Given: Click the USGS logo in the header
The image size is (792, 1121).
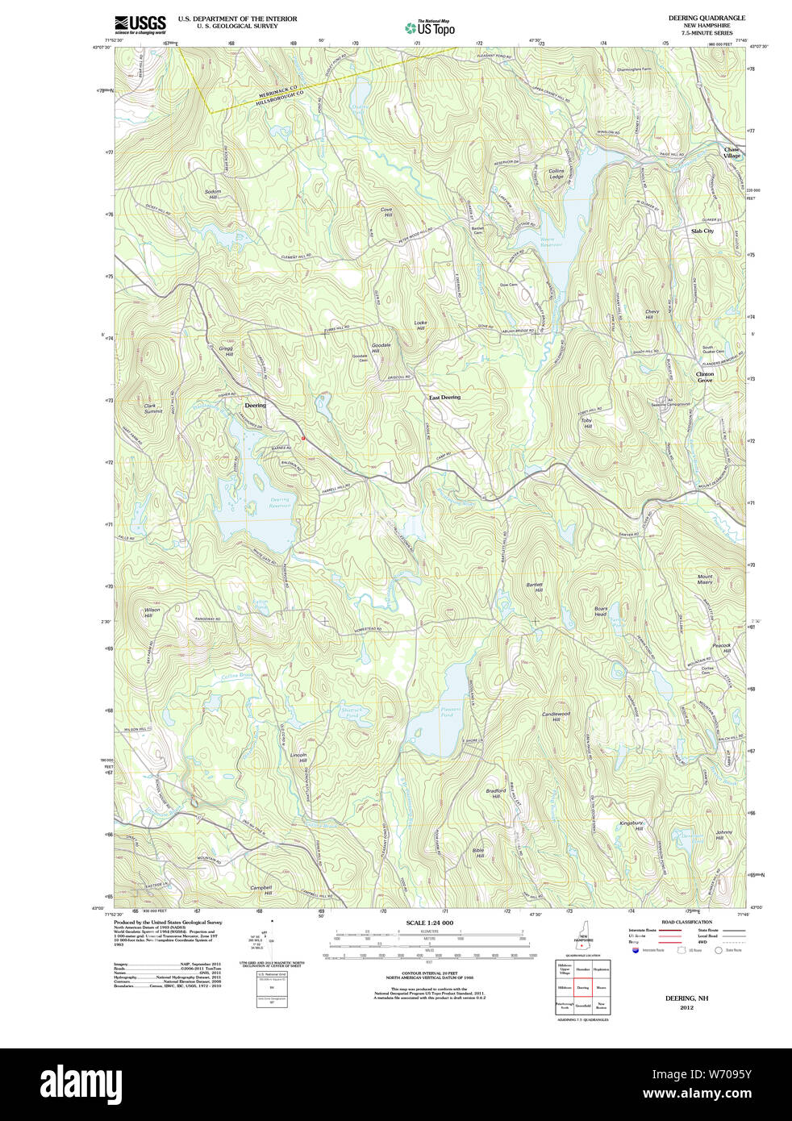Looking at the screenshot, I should [x=140, y=23].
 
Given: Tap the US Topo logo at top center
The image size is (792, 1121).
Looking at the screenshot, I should [x=430, y=28].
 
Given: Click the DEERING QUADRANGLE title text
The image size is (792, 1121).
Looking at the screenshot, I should [x=707, y=18].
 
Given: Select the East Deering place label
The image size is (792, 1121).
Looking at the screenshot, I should [x=444, y=398].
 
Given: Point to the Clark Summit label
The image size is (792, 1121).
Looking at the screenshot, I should [x=152, y=409].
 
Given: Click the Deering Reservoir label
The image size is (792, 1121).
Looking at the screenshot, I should [x=279, y=503].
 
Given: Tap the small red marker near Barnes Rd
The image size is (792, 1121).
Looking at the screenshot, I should [x=303, y=438].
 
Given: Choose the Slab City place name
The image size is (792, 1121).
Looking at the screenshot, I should [x=702, y=231].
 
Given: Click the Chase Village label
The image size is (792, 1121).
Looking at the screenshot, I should [x=731, y=152].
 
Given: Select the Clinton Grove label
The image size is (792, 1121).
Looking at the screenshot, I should [x=705, y=377].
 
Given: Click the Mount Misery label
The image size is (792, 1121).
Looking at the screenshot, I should [x=705, y=579].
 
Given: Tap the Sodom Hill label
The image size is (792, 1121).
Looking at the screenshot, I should [x=213, y=194].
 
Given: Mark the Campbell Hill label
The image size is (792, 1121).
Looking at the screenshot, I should [x=261, y=890].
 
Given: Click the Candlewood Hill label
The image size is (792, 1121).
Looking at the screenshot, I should [x=556, y=716].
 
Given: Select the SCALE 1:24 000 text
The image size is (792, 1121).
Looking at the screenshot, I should [x=429, y=923].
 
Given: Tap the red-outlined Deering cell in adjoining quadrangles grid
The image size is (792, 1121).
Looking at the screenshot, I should [x=582, y=987].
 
